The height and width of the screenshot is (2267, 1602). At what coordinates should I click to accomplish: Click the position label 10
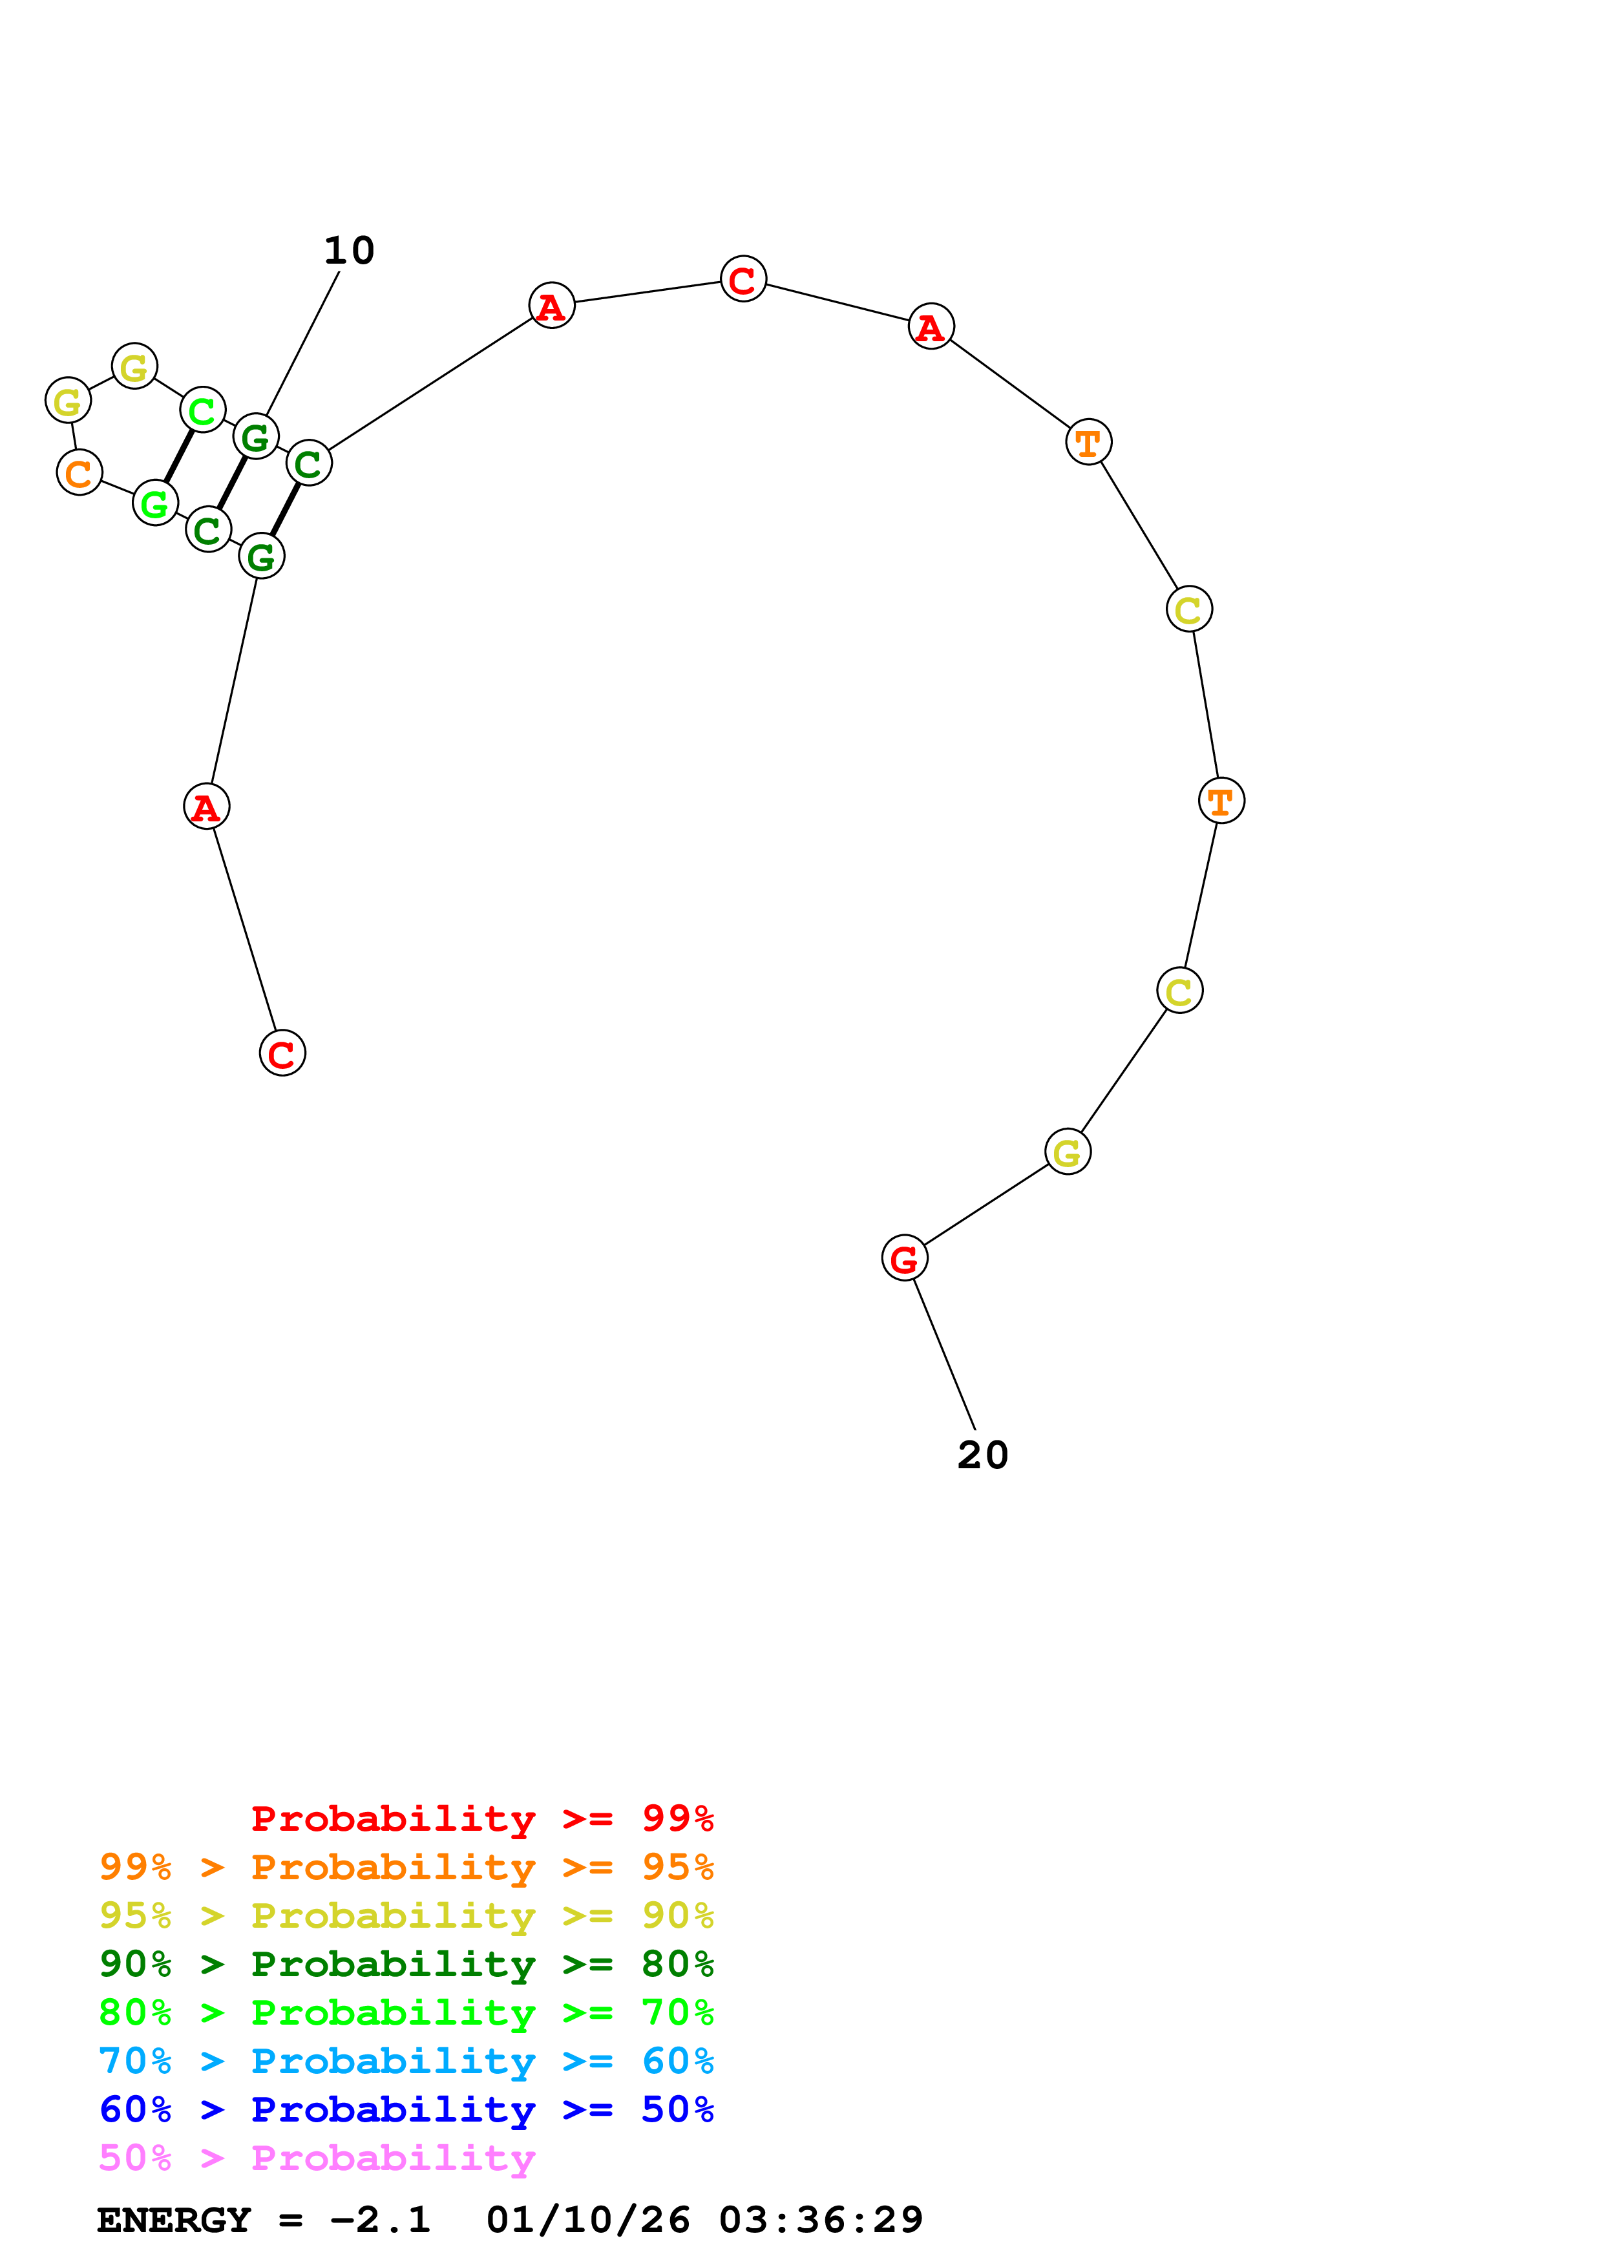click(x=350, y=251)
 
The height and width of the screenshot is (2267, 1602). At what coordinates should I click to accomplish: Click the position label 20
click(x=982, y=1455)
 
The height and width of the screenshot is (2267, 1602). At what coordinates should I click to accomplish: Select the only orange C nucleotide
click(x=79, y=473)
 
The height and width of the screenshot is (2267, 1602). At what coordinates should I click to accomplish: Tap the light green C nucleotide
click(x=202, y=410)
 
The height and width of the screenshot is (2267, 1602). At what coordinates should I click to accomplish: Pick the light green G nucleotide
click(x=155, y=503)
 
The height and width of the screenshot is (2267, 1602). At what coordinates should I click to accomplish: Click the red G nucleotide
click(x=904, y=1259)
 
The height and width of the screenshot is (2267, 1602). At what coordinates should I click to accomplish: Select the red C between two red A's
click(x=743, y=279)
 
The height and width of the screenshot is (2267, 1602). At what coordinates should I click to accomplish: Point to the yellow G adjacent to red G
click(x=1067, y=1152)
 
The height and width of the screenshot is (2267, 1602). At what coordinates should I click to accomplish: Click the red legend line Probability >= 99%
click(x=481, y=1819)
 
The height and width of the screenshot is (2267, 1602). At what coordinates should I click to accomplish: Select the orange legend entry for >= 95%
click(x=406, y=1867)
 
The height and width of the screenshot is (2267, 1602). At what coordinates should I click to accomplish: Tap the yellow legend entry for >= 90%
click(x=406, y=1915)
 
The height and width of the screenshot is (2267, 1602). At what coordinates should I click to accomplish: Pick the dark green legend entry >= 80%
click(x=406, y=1964)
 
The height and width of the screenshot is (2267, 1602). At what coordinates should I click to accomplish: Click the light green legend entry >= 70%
click(x=406, y=2012)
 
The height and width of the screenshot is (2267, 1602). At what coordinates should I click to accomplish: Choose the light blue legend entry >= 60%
click(x=406, y=2061)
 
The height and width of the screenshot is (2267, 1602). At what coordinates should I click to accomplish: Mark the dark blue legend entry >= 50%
click(x=406, y=2109)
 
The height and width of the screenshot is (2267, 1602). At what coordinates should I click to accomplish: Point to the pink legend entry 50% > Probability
click(x=317, y=2157)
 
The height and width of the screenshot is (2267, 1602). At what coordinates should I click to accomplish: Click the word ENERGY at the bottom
click(x=174, y=2220)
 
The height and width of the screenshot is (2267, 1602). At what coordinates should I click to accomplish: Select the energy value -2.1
click(x=381, y=2220)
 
